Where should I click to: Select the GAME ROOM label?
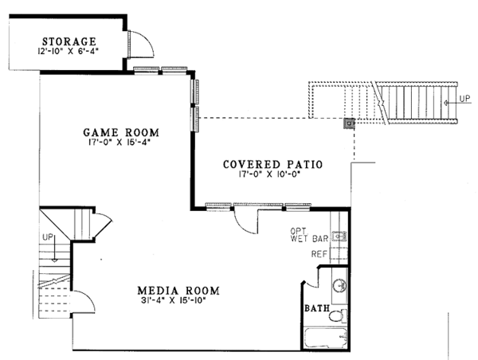tap(121, 133)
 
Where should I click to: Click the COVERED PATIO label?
tap(272, 165)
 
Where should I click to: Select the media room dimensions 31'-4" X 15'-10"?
tap(178, 302)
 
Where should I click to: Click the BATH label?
tap(316, 308)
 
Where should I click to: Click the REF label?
tap(319, 254)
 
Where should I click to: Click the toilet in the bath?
tap(338, 315)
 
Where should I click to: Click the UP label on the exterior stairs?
tap(464, 100)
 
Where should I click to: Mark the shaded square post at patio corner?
tap(348, 123)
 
